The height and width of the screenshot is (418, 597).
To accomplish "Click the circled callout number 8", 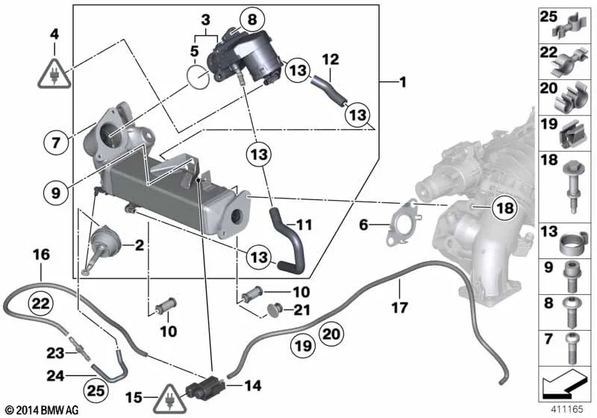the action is [x=252, y=19].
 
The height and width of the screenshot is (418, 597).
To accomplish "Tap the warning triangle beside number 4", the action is [x=54, y=74].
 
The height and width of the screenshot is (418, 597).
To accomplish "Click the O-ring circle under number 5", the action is [x=198, y=78].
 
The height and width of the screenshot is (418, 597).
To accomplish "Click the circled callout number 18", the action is [x=505, y=208].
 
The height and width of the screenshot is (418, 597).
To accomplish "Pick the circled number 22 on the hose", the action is [x=41, y=303].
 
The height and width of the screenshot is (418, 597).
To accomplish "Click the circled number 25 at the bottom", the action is [x=96, y=390].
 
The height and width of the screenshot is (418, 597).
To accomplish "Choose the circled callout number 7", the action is [x=56, y=143].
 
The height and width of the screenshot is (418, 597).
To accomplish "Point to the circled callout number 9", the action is [x=55, y=193].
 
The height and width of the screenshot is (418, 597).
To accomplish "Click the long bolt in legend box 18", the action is [x=572, y=185].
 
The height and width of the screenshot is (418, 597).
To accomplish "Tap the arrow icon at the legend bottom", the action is [x=565, y=384].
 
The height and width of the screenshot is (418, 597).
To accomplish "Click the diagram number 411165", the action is [x=567, y=409].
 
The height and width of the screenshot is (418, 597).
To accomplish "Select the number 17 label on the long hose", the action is [x=399, y=308].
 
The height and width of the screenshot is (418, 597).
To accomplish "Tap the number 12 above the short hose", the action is [x=330, y=60].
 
